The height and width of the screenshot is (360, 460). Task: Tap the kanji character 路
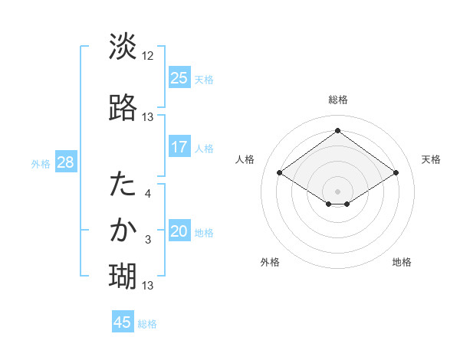pyautogui.click(x=123, y=107)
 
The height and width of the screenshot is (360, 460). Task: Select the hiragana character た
pyautogui.click(x=123, y=185)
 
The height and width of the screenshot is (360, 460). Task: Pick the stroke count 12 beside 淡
pyautogui.click(x=148, y=56)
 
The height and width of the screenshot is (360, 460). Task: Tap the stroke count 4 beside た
pyautogui.click(x=148, y=194)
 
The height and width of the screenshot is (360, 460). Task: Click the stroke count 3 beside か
pyautogui.click(x=148, y=240)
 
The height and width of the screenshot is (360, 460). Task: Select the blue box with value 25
pyautogui.click(x=179, y=77)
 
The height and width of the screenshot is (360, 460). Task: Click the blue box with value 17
pyautogui.click(x=179, y=146)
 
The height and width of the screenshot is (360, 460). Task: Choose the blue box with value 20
pyautogui.click(x=179, y=231)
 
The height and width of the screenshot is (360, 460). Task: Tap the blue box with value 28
pyautogui.click(x=65, y=162)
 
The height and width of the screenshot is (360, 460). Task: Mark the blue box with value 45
pyautogui.click(x=123, y=322)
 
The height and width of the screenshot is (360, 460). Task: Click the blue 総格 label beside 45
pyautogui.click(x=147, y=324)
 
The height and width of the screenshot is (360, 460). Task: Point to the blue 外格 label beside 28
pyautogui.click(x=41, y=164)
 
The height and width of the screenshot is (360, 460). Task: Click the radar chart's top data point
pyautogui.click(x=337, y=131)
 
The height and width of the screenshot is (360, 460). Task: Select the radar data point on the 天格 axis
pyautogui.click(x=396, y=173)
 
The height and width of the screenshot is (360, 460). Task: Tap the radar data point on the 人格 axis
pyautogui.click(x=280, y=173)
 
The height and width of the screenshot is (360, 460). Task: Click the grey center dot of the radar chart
pyautogui.click(x=337, y=191)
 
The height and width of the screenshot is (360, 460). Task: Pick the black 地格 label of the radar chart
pyautogui.click(x=402, y=263)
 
